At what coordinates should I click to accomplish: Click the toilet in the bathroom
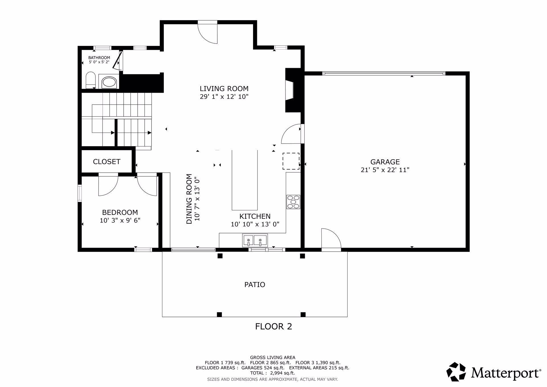[x=91, y=80]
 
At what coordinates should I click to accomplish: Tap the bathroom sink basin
[x=109, y=83]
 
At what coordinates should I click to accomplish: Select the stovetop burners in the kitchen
[x=293, y=202]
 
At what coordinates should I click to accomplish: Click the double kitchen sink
[x=255, y=240]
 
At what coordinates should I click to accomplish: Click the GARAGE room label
[x=385, y=162]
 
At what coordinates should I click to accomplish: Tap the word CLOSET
[x=107, y=162]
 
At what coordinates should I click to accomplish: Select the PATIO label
[x=255, y=284]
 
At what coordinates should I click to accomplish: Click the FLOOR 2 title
[x=273, y=326]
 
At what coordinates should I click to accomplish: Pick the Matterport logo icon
[x=456, y=372]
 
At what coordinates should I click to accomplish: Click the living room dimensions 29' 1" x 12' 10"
[x=224, y=97]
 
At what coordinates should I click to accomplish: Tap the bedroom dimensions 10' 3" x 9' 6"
[x=120, y=220]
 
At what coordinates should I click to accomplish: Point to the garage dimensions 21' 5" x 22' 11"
[x=385, y=170]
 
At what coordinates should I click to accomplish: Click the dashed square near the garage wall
[x=291, y=161]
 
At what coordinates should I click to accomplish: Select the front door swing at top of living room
[x=208, y=32]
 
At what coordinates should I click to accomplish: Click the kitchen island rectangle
[x=245, y=180]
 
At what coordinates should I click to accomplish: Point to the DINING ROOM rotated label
[x=189, y=199]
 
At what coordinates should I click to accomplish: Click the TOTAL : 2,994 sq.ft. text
[x=272, y=373]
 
